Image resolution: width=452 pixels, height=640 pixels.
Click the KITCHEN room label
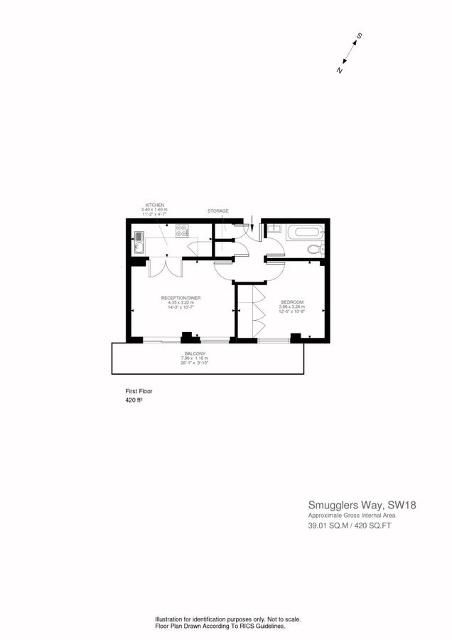154,205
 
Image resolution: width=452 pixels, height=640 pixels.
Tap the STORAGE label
217,211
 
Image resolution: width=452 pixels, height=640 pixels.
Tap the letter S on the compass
360,36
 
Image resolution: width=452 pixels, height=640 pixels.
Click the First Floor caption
139,391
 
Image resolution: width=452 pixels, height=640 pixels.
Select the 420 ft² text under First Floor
134,400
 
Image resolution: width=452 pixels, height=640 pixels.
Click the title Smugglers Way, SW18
362,506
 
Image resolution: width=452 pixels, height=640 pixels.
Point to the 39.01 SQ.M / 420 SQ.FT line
350,526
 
